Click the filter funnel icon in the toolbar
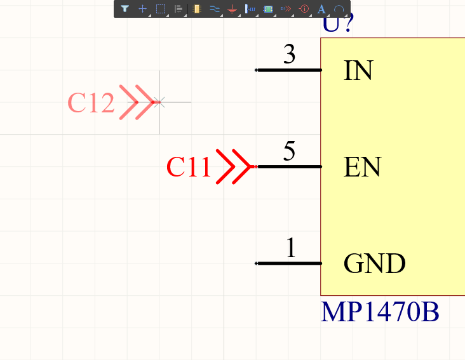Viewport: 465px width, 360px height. click(x=125, y=9)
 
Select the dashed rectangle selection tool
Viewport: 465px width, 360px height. click(x=161, y=9)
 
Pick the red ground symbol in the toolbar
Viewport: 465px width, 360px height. click(x=232, y=10)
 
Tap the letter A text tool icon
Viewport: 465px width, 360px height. click(x=321, y=10)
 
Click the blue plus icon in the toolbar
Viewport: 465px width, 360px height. click(x=143, y=9)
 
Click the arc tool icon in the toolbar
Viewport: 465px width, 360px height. click(x=339, y=10)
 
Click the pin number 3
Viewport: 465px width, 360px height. click(x=290, y=55)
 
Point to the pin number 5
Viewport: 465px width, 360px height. click(x=290, y=152)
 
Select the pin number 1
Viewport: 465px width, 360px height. click(x=290, y=248)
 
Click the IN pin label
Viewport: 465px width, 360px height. click(x=358, y=70)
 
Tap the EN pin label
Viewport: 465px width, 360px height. click(x=362, y=167)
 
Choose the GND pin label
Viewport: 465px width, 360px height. click(x=375, y=263)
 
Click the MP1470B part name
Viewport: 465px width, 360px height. click(x=380, y=312)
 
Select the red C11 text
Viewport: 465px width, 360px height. click(x=188, y=167)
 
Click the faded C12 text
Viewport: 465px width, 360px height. click(x=91, y=103)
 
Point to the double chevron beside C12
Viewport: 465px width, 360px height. click(x=137, y=102)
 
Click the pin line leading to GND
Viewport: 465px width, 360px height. click(x=288, y=263)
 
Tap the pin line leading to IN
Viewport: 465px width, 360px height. click(x=288, y=70)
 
